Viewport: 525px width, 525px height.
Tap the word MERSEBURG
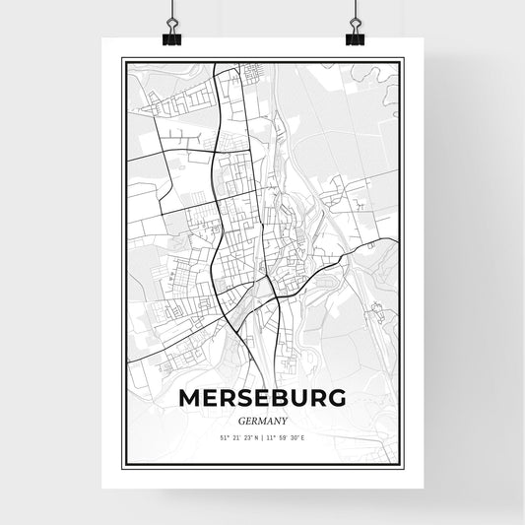262,398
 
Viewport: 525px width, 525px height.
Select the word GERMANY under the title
262,420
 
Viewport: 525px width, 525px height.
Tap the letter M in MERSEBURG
190,398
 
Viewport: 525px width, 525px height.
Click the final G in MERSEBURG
337,398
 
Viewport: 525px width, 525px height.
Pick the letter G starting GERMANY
242,420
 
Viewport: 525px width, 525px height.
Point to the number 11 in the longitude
273,438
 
